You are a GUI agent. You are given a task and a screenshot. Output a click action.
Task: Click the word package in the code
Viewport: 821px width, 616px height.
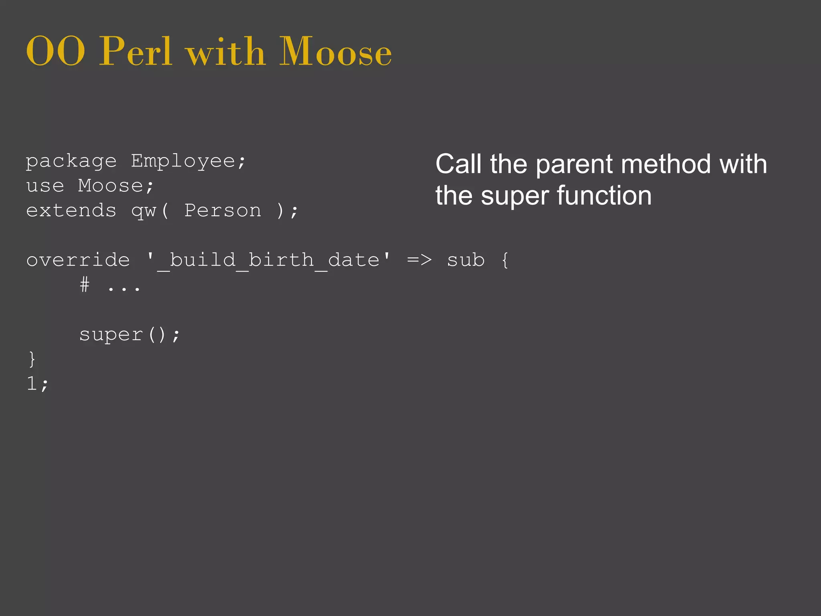point(71,162)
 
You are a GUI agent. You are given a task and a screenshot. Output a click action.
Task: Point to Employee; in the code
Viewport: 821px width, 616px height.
point(188,162)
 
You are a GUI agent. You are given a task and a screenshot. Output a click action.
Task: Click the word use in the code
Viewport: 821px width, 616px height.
point(45,186)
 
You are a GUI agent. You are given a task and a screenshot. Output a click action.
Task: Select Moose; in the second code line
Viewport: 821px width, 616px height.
point(116,186)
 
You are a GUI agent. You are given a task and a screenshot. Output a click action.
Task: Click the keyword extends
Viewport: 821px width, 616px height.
point(71,211)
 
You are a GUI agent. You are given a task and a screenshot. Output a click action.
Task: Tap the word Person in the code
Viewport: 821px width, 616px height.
point(222,211)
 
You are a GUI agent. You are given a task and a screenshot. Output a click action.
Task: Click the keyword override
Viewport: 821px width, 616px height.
point(78,260)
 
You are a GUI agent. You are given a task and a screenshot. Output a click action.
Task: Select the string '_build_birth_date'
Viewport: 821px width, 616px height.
point(268,260)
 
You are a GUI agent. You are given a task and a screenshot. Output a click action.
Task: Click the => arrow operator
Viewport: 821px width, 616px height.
point(419,260)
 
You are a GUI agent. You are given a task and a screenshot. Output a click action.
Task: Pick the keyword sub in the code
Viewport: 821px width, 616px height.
point(466,260)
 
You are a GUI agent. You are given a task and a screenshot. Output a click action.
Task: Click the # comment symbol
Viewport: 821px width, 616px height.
point(85,285)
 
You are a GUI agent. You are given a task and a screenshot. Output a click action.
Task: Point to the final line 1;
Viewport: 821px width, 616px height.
point(37,384)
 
